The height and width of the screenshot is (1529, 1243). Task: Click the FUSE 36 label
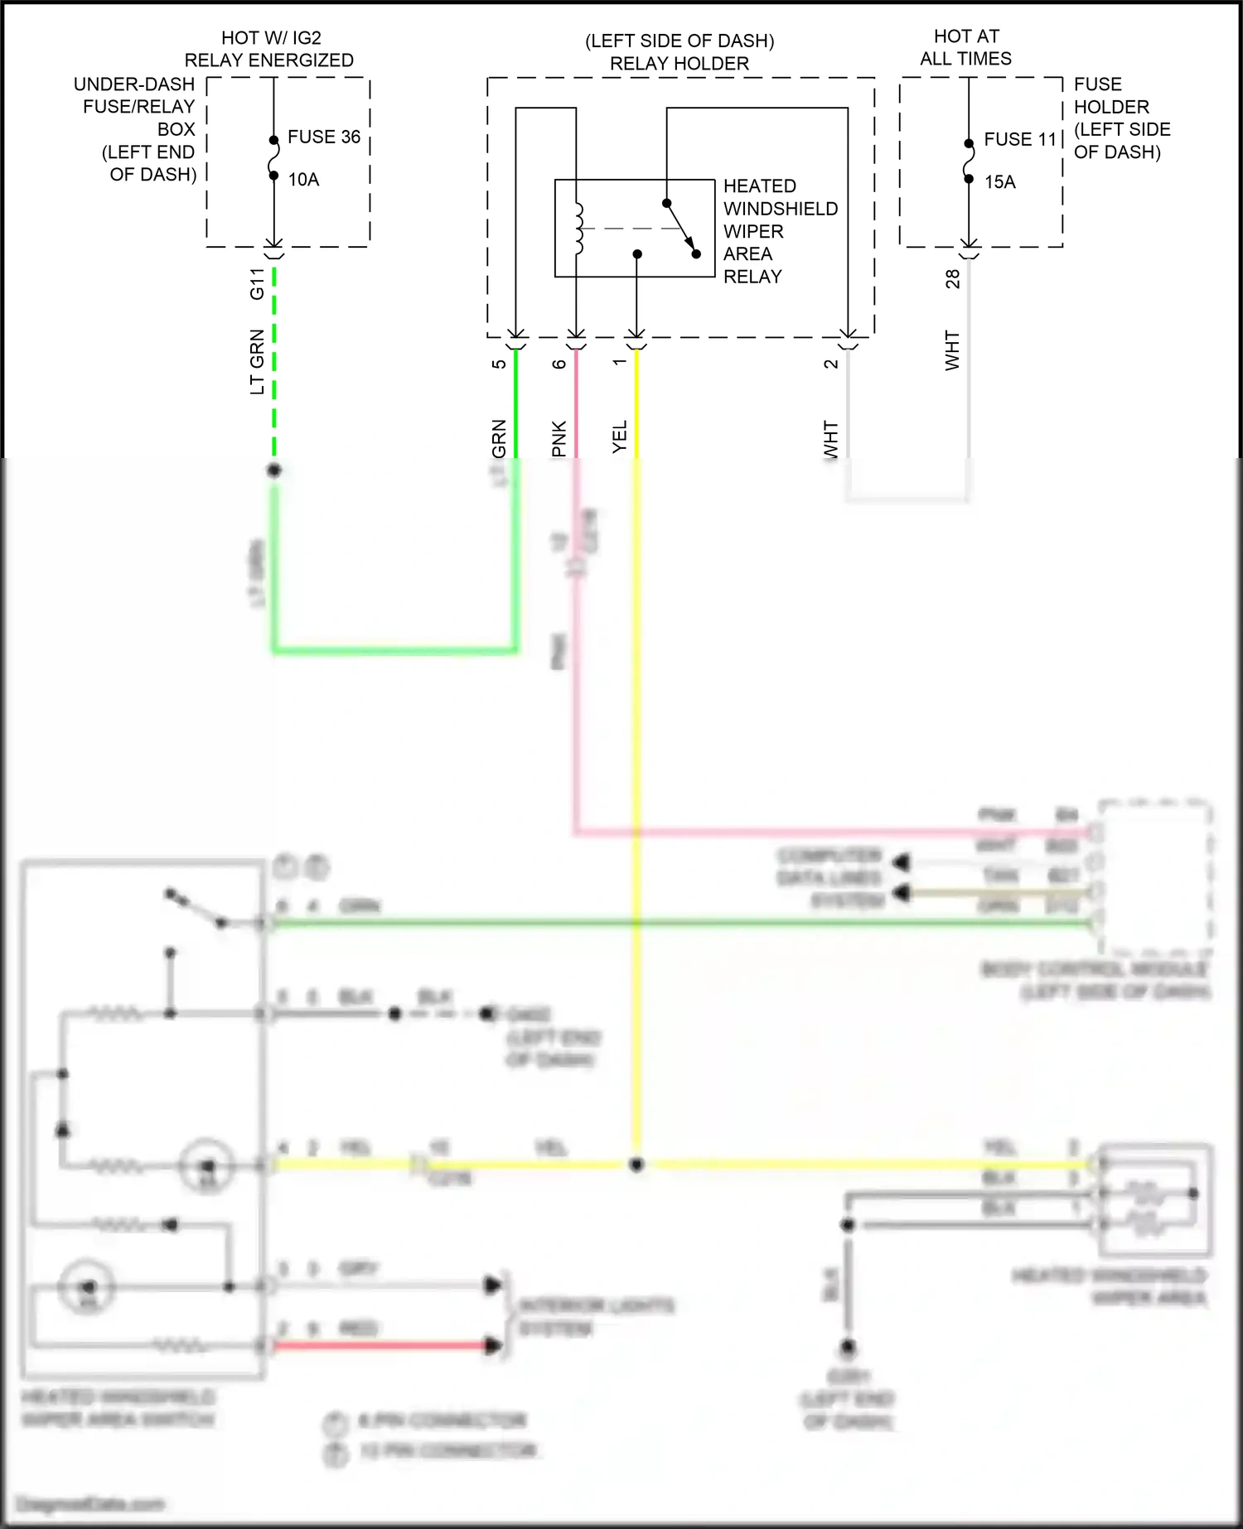click(x=324, y=137)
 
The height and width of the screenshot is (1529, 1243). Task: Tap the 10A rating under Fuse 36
click(x=303, y=180)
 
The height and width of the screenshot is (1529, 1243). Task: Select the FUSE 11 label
click(x=1020, y=139)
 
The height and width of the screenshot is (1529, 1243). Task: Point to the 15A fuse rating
click(x=1000, y=182)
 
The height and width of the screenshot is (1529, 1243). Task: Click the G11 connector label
click(x=257, y=284)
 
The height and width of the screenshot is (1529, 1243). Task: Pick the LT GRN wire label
click(x=257, y=362)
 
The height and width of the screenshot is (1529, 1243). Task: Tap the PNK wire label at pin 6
click(x=559, y=438)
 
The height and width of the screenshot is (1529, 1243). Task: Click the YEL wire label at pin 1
click(x=620, y=437)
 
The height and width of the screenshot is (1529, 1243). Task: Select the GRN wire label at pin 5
click(x=499, y=438)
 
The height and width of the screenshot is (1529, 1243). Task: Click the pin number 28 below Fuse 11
click(x=953, y=279)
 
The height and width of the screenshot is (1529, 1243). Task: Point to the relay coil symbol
click(x=579, y=228)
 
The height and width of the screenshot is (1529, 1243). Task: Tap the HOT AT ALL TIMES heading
click(x=966, y=47)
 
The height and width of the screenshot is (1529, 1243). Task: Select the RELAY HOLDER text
click(x=680, y=64)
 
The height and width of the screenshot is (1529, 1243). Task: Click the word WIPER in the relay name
click(x=753, y=231)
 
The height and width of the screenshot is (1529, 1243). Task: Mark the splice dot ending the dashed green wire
click(x=274, y=470)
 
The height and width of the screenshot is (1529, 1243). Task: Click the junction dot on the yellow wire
click(x=636, y=1165)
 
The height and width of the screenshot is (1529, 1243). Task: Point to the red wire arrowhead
click(x=494, y=1346)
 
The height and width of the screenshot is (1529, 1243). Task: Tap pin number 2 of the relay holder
click(x=831, y=363)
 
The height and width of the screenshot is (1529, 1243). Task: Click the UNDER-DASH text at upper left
click(x=134, y=84)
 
